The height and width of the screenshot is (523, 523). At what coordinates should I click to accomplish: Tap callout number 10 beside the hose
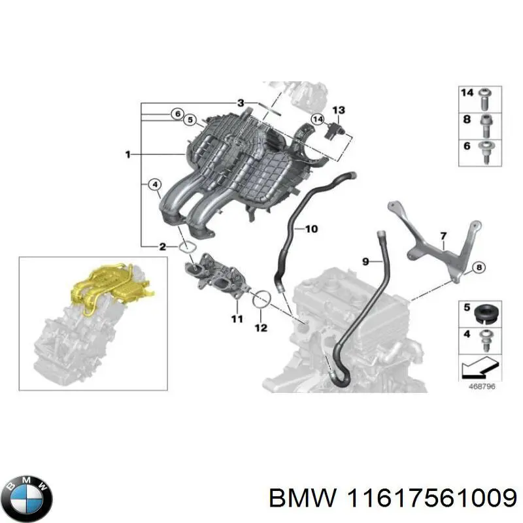tap(311, 229)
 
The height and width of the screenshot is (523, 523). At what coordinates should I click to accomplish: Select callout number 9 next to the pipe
tap(367, 261)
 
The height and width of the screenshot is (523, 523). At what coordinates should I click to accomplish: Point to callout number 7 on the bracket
tap(443, 235)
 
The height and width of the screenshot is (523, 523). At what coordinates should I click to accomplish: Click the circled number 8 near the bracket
tap(478, 267)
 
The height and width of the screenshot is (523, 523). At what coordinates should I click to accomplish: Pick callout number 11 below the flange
tap(237, 319)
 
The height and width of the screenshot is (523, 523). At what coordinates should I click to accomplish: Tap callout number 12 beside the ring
tap(261, 328)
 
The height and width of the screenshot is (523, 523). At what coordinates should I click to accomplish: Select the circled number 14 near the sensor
tap(318, 119)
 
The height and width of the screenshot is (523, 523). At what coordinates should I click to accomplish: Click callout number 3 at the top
tap(241, 103)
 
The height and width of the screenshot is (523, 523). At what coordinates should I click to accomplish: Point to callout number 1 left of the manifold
tap(128, 154)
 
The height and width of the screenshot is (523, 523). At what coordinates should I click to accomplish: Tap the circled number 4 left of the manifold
tap(155, 185)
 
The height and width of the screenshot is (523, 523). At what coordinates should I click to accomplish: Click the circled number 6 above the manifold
tap(177, 114)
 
